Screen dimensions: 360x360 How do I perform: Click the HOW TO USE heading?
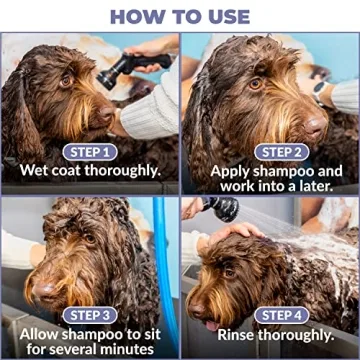pyautogui.click(x=180, y=16)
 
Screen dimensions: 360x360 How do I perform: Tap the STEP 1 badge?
pyautogui.click(x=90, y=151)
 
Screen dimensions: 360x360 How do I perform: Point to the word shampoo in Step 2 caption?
pyautogui.click(x=277, y=170)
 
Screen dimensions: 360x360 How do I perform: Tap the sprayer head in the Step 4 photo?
pyautogui.click(x=222, y=209)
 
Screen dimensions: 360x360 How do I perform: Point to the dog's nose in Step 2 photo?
pyautogui.click(x=316, y=125)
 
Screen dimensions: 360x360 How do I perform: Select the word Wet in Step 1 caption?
pyautogui.click(x=37, y=170)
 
